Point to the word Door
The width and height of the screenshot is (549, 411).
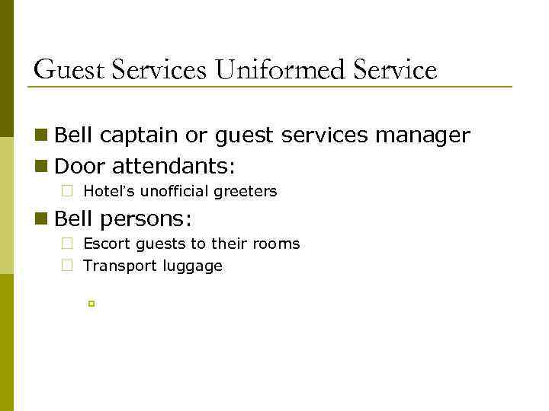pos(78,165)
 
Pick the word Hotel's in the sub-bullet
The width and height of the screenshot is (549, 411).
pos(106,192)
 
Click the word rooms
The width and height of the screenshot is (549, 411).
pos(277,244)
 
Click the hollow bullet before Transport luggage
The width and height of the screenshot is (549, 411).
pos(67,266)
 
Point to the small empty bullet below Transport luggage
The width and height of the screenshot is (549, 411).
pos(91,304)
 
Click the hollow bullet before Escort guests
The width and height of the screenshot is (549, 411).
pos(67,245)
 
